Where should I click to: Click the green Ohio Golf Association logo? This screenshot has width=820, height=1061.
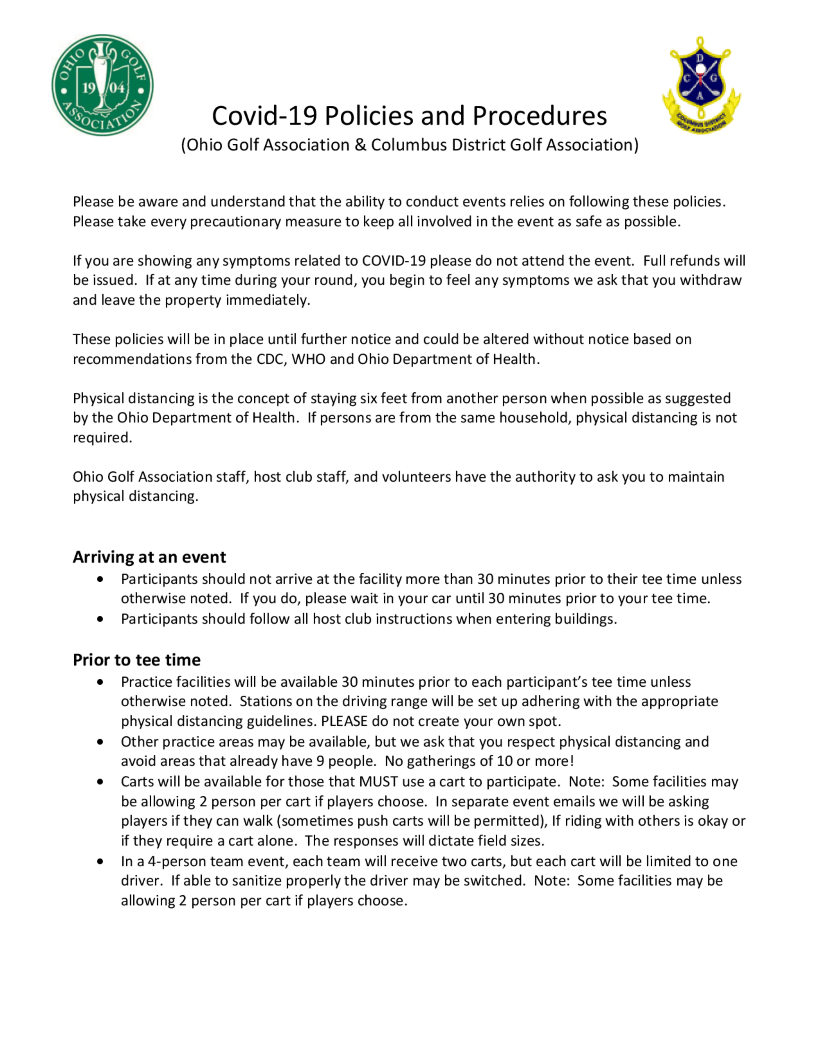[x=102, y=85]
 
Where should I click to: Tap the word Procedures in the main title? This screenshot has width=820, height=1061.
[x=539, y=116]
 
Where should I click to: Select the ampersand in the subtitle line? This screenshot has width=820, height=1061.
[x=360, y=145]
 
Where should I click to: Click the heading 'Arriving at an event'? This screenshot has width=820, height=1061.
[x=149, y=557]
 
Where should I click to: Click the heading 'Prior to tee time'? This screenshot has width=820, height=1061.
[x=137, y=660]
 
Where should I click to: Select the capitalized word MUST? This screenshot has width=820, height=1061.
[x=378, y=782]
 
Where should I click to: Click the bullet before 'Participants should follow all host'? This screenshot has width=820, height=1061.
[x=100, y=619]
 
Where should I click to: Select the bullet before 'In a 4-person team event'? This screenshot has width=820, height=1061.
[x=100, y=861]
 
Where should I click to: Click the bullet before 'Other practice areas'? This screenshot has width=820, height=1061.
[x=100, y=742]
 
